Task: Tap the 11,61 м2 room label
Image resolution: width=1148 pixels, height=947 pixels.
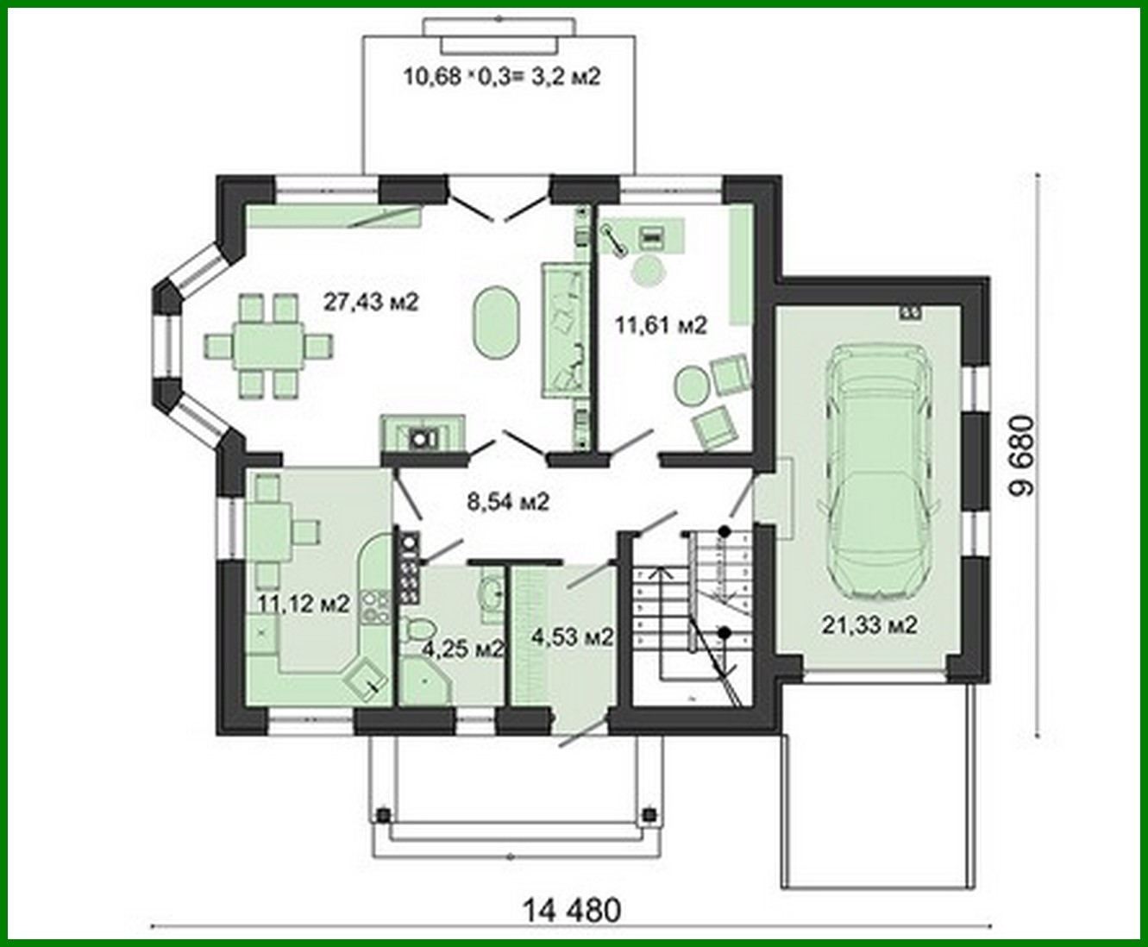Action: [x=661, y=325]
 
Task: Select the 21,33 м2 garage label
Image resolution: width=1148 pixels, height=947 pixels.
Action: [x=869, y=625]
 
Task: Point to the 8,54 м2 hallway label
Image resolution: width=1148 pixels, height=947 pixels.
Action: [x=508, y=501]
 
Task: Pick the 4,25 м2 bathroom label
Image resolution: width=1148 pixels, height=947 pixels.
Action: [x=462, y=649]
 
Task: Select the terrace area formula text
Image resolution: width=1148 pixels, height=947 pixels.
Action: [x=501, y=77]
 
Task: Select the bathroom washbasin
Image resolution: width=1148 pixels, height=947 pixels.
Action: [x=492, y=594]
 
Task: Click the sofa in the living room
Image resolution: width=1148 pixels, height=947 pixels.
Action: [x=562, y=331]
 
